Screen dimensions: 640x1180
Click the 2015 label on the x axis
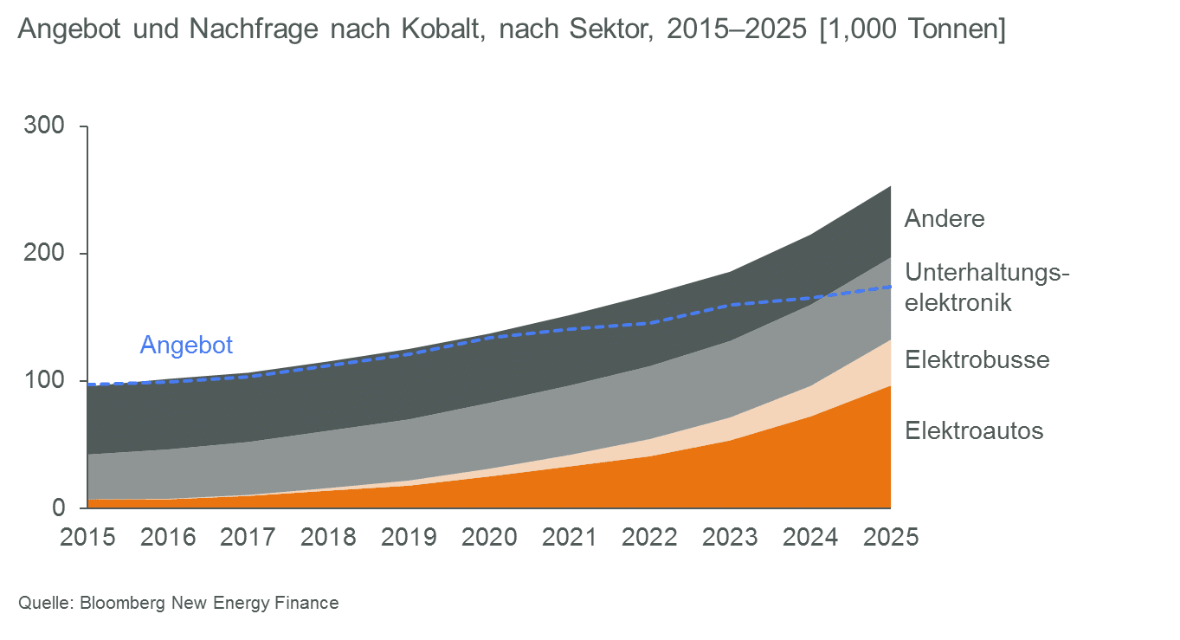coord(87,537)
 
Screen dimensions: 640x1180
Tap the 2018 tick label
coord(328,537)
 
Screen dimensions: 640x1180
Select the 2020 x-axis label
coord(489,537)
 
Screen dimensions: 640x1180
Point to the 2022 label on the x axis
coord(650,537)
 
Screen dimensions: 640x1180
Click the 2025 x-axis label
coord(891,537)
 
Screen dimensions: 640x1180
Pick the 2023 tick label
coord(730,537)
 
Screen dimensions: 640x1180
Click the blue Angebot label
coord(187,346)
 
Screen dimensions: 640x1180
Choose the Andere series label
coord(945,218)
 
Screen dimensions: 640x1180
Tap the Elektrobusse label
coord(977,359)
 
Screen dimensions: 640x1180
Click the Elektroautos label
coord(974,430)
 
